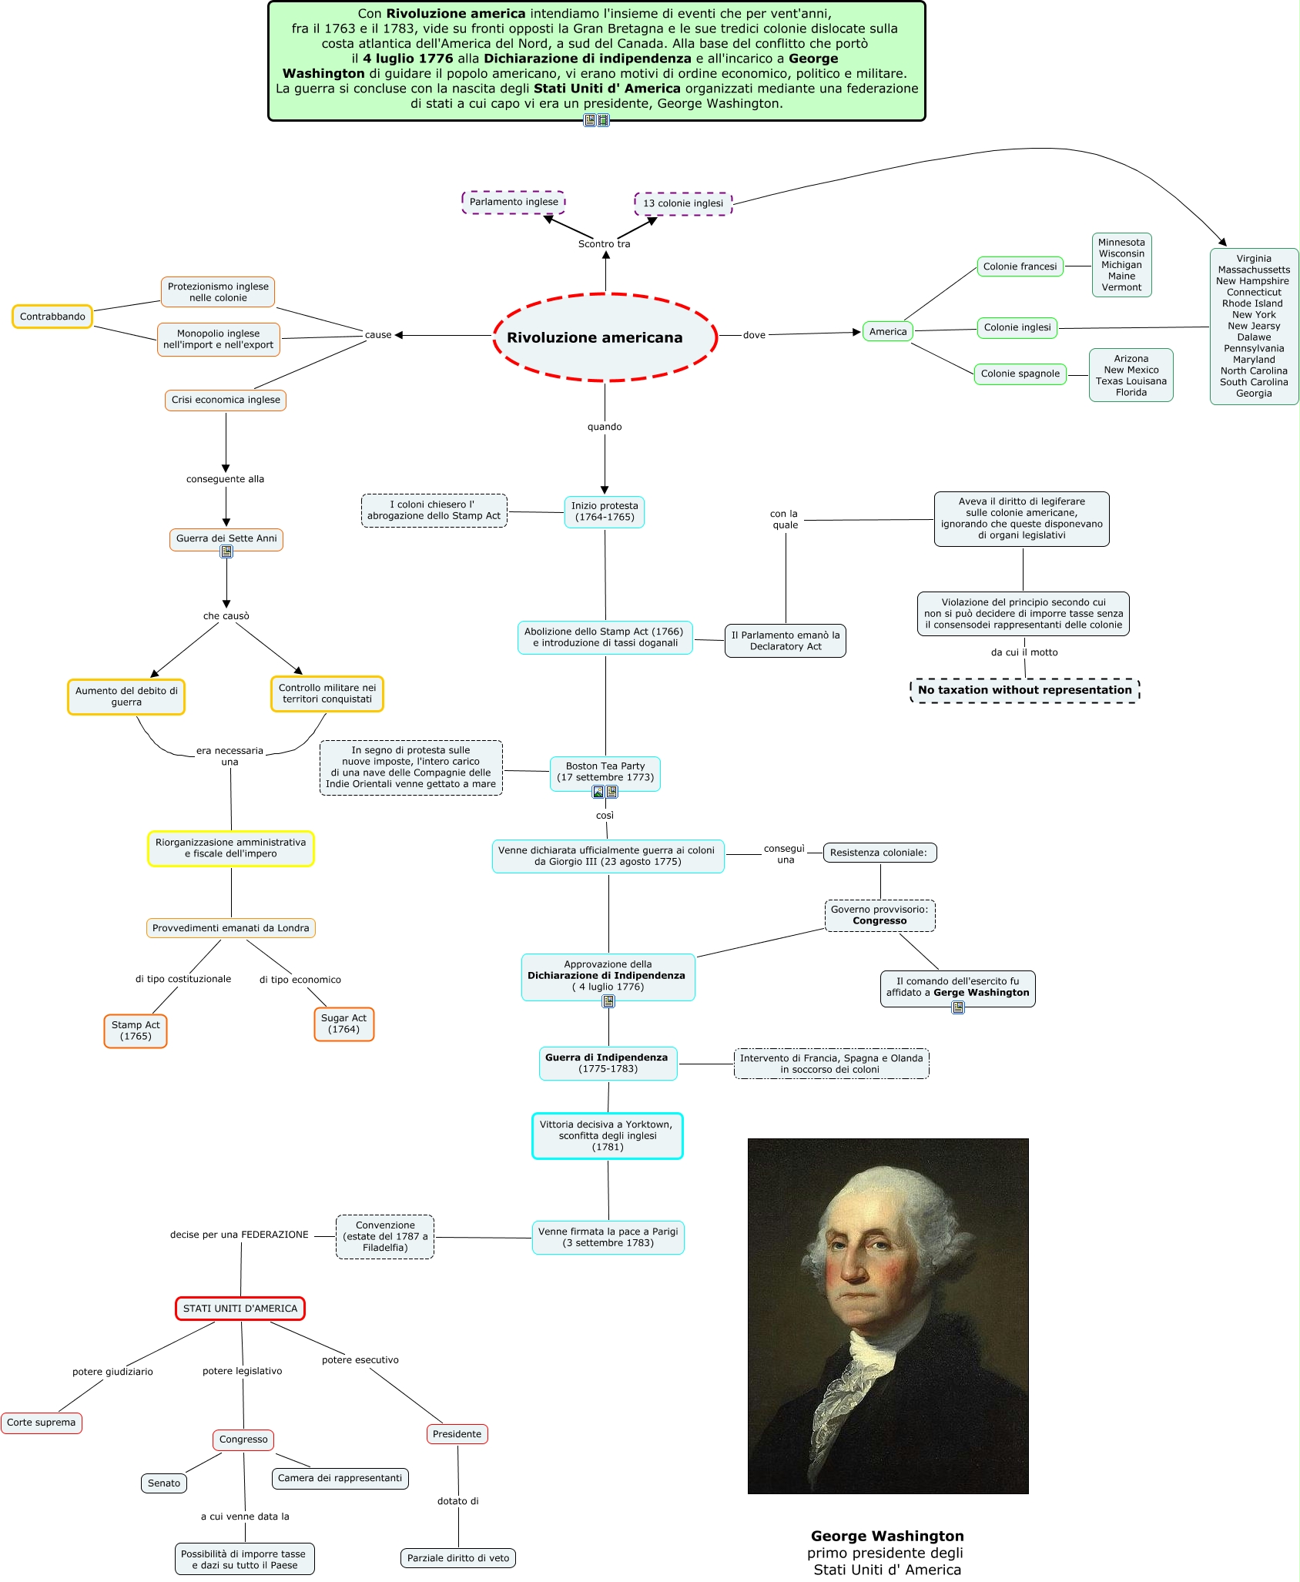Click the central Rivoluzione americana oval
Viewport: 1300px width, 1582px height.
coord(605,337)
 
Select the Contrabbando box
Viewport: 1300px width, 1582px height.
coord(52,317)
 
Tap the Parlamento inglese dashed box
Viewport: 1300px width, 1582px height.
coord(514,202)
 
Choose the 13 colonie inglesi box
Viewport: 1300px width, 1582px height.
coord(683,203)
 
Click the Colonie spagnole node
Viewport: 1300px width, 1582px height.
coord(1020,374)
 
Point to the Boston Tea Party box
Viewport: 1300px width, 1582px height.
coord(605,773)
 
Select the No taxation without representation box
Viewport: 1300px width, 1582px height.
coord(1024,690)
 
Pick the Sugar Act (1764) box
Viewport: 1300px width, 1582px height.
coord(343,1024)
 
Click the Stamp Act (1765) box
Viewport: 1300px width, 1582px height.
coord(136,1031)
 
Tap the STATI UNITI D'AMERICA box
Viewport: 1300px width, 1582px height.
coord(240,1309)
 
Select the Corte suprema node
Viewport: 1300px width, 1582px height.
coord(42,1423)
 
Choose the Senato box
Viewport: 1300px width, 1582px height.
coord(164,1483)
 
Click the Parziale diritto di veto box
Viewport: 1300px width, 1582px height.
coord(458,1557)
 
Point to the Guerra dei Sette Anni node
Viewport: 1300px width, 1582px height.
coord(226,539)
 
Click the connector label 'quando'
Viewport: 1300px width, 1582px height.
coord(605,427)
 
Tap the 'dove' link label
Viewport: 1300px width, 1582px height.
coord(754,335)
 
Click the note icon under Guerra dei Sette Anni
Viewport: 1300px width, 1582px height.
coord(226,551)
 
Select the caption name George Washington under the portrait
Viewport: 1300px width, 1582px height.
coord(887,1536)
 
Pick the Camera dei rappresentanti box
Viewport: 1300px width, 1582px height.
coord(340,1478)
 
